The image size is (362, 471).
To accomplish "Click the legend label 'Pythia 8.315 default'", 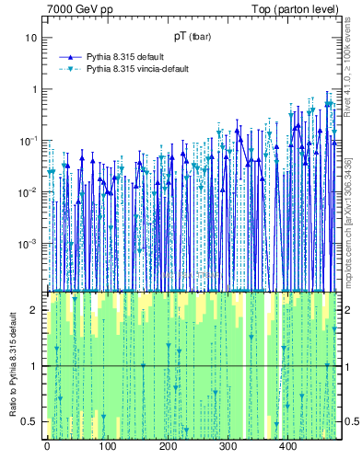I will [x=126, y=56].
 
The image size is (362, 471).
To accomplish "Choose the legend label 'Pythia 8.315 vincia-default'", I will [x=141, y=69].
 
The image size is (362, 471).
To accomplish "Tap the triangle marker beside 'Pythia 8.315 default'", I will [x=70, y=56].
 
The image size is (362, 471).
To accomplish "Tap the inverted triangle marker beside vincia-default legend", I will [x=70, y=69].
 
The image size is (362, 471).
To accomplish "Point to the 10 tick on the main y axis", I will [x=32, y=38].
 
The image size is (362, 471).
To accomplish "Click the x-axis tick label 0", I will [x=47, y=446].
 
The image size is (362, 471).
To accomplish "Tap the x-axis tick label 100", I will [x=107, y=446].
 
